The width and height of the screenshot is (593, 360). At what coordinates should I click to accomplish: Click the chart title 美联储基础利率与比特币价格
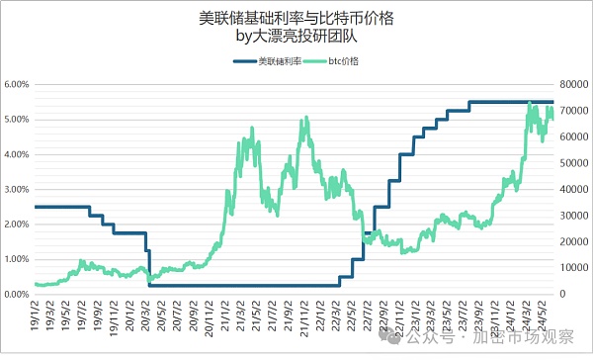[x=296, y=17]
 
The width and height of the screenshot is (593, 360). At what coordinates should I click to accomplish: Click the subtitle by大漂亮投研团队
[x=296, y=38]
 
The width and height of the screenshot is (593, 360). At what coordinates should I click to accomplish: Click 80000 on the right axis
[x=574, y=84]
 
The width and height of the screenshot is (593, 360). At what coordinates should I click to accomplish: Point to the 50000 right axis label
[x=574, y=163]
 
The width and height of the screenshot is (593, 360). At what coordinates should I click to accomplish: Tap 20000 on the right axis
[x=574, y=242]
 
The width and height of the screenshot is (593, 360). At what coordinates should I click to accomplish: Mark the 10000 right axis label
[x=574, y=268]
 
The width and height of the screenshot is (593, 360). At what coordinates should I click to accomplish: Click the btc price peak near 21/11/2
[x=307, y=119]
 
